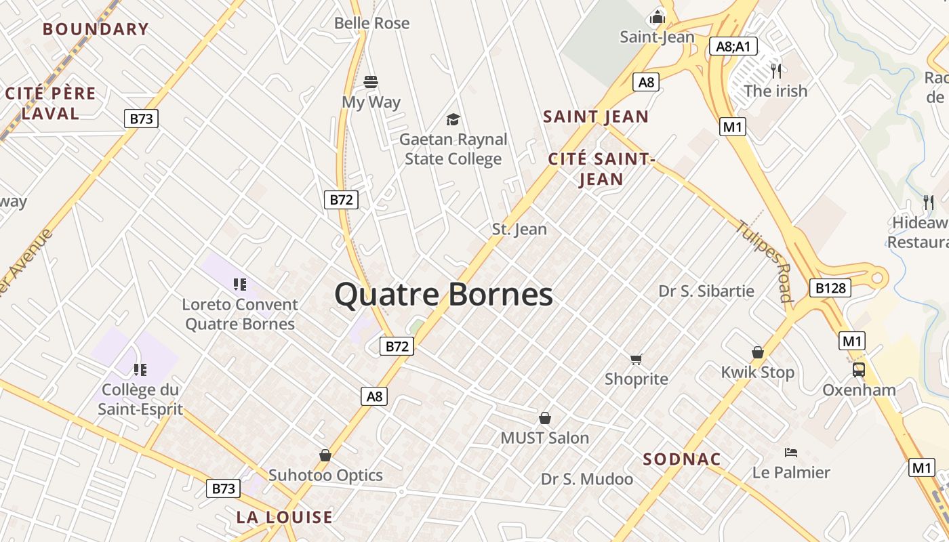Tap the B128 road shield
[x=830, y=288]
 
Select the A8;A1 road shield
[x=733, y=46]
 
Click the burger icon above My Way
[x=371, y=82]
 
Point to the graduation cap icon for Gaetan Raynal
[x=453, y=120]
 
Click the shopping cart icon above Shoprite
[x=636, y=359]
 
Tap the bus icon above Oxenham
[x=859, y=369]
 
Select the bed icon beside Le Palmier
[x=790, y=452]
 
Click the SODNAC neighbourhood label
[x=681, y=459]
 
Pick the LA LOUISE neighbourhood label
[x=284, y=518]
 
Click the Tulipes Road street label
[x=765, y=261]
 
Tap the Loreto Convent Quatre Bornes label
[x=240, y=314]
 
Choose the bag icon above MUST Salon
[x=544, y=418]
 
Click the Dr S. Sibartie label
[x=706, y=291]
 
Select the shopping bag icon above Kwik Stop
[x=758, y=352]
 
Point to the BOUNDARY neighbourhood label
[x=96, y=29]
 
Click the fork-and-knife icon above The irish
[x=776, y=70]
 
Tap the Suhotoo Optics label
[x=325, y=475]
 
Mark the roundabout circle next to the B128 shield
[x=879, y=277]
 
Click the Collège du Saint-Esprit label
[x=140, y=399]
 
